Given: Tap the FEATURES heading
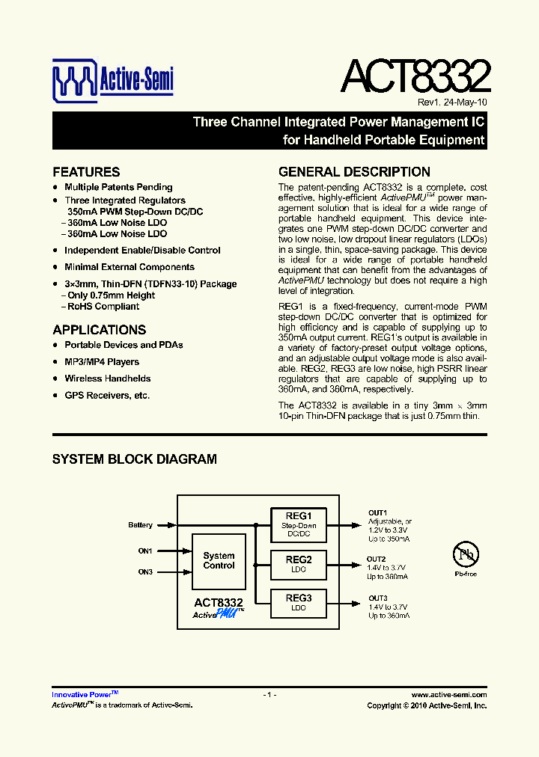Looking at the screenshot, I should click(x=86, y=172).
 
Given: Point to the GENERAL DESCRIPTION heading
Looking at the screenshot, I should click(x=354, y=172).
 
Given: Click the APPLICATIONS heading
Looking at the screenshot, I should click(x=100, y=330).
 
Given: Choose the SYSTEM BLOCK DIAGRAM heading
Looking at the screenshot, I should click(x=135, y=459).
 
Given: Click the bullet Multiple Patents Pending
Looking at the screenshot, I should click(x=118, y=187).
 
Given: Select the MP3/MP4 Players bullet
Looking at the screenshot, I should click(x=102, y=362).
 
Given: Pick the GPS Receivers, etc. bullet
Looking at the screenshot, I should click(x=107, y=395).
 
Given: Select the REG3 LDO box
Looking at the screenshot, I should click(x=299, y=603).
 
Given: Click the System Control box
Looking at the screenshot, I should click(x=219, y=561).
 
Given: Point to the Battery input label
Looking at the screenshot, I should click(x=140, y=525).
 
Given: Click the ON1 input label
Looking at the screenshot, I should click(x=145, y=551).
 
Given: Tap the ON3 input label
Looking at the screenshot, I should click(x=145, y=572).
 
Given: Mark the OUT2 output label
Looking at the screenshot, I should click(x=377, y=560).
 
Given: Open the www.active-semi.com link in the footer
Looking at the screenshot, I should click(x=449, y=695).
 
